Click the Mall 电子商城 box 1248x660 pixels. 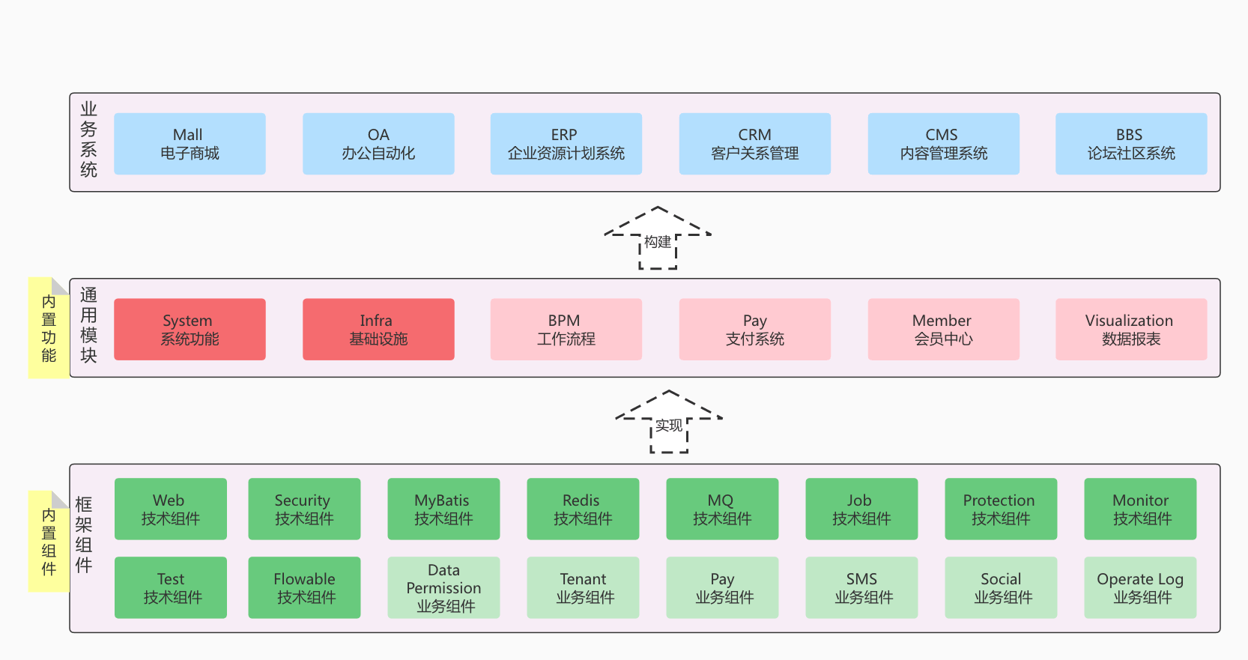(x=190, y=144)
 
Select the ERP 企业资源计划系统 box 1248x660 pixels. (x=566, y=144)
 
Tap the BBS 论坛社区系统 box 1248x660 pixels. (x=1131, y=144)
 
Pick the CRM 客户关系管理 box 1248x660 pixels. (x=754, y=144)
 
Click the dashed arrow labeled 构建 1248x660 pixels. (x=658, y=238)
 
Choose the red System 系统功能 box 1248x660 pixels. (x=190, y=330)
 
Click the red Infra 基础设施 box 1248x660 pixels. (x=378, y=330)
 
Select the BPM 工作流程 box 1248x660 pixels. (x=566, y=330)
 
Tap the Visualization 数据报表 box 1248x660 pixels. (x=1131, y=330)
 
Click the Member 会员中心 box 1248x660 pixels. (x=943, y=330)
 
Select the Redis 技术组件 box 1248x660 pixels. (x=583, y=509)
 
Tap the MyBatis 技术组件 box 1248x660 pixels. (x=443, y=509)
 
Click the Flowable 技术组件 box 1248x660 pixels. (x=304, y=587)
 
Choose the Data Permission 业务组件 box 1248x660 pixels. (x=443, y=587)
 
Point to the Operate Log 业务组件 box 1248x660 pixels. (x=1140, y=587)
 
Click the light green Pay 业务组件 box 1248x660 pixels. (x=722, y=587)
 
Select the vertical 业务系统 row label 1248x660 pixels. (x=88, y=140)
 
